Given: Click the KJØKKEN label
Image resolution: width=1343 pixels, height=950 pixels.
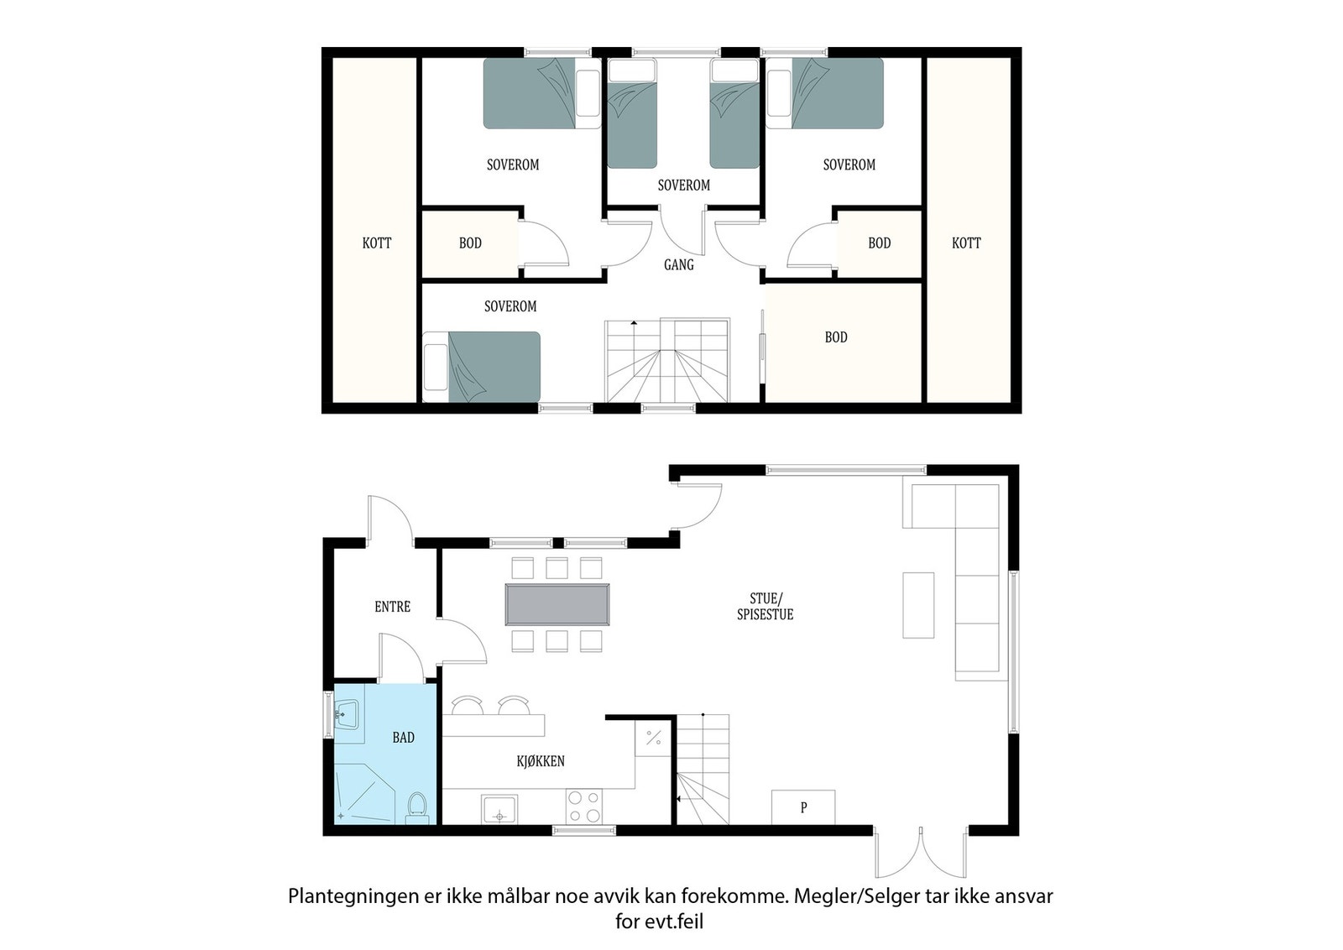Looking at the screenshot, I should click(x=540, y=761).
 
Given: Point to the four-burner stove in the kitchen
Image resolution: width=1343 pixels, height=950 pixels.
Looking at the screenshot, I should click(x=583, y=806).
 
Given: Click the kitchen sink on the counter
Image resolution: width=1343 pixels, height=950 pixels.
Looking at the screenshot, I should click(x=499, y=809).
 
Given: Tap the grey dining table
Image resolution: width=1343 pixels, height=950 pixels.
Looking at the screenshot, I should click(x=557, y=604).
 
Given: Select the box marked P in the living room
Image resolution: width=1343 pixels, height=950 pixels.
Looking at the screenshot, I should click(x=803, y=807).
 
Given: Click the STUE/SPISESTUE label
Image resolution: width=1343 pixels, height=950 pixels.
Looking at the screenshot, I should click(x=765, y=606).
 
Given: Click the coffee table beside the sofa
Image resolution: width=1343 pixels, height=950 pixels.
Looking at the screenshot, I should click(x=918, y=605).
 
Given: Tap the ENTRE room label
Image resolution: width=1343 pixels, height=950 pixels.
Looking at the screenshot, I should click(x=392, y=606).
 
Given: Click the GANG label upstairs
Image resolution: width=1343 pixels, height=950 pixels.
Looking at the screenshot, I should click(x=678, y=264).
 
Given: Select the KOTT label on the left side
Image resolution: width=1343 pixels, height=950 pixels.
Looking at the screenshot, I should click(x=377, y=243).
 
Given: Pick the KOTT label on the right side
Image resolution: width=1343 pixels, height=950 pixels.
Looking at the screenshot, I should click(x=966, y=243).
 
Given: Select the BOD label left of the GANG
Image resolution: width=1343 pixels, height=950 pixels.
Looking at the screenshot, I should click(x=470, y=243).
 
